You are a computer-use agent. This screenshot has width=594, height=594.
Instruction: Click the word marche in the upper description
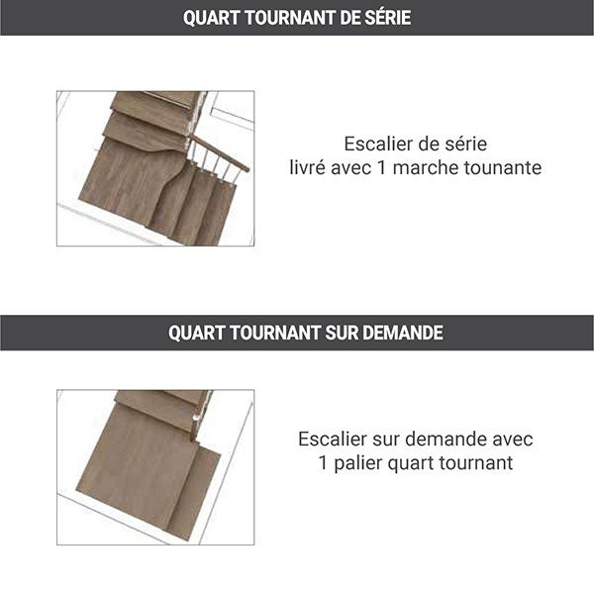tap(428, 167)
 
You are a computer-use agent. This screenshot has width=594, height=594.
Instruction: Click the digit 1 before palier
tap(324, 462)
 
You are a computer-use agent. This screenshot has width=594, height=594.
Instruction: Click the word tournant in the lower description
tap(478, 462)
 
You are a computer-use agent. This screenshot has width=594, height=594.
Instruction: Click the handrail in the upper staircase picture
tap(223, 153)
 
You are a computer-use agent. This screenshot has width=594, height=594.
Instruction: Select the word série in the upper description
tap(464, 144)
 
